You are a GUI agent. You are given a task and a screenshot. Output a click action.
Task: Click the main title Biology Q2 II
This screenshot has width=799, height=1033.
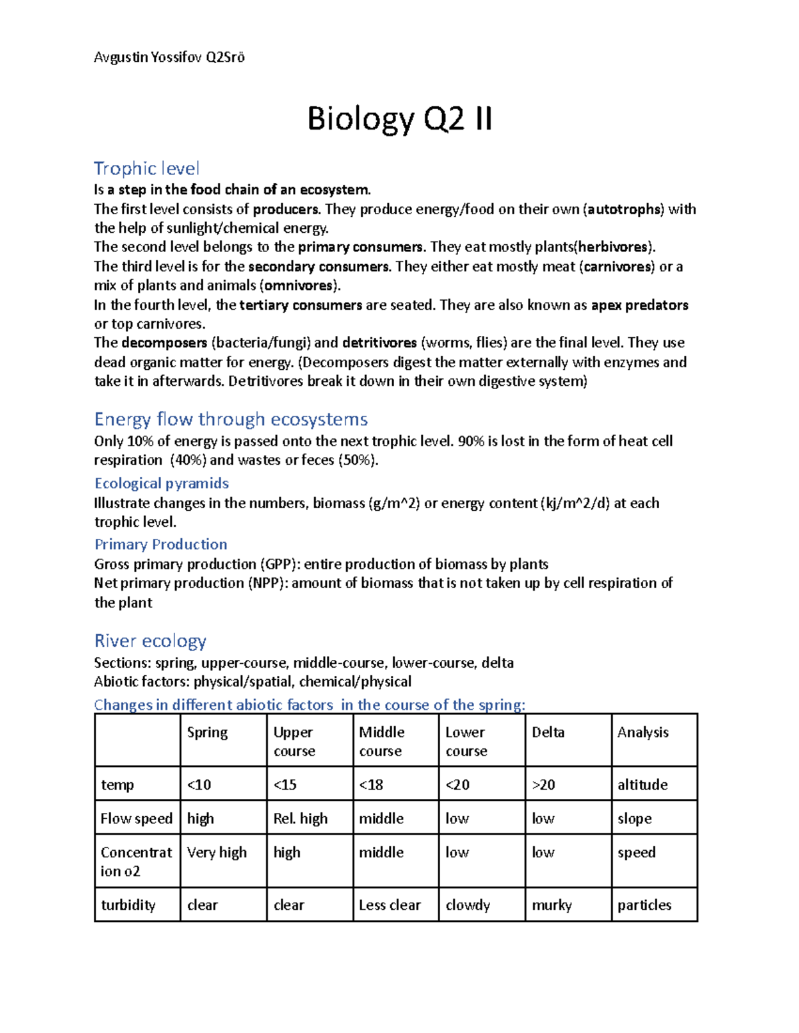tap(400, 119)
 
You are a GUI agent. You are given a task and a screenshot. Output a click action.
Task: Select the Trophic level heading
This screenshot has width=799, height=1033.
tap(146, 168)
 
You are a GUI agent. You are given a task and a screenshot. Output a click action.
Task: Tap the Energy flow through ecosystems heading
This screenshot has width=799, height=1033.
tap(230, 419)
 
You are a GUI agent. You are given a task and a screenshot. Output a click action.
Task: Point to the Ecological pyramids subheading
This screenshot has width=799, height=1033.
tap(161, 483)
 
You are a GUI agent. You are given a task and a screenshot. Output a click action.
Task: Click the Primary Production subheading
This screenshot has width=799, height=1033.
tap(160, 544)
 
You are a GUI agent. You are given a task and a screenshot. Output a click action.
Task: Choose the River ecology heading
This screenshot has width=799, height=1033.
tap(150, 641)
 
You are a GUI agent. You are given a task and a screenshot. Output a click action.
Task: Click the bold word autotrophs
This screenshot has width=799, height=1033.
tap(624, 209)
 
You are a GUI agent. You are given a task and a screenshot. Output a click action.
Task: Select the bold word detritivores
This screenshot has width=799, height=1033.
tap(380, 343)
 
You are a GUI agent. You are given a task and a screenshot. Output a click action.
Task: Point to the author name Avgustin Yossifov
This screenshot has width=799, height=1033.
tap(147, 57)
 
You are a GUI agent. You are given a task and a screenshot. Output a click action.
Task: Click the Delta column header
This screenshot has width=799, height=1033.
tap(548, 732)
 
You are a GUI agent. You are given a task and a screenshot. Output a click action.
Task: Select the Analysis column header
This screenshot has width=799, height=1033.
tap(643, 732)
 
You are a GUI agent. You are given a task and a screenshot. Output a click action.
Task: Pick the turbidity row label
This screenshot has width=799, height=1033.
tap(128, 905)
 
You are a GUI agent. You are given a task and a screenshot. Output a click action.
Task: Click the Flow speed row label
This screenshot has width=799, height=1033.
tap(136, 818)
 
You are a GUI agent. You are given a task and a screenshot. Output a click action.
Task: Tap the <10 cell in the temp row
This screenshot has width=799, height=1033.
tap(199, 785)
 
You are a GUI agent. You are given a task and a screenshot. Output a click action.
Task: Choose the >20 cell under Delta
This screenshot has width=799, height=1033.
tap(543, 785)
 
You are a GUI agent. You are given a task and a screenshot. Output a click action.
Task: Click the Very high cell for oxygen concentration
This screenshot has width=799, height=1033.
tap(216, 852)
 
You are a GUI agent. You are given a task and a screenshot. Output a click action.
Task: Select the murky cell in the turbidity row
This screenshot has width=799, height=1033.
tap(551, 905)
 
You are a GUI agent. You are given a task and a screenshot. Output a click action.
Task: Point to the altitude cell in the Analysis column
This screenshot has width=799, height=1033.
tap(642, 785)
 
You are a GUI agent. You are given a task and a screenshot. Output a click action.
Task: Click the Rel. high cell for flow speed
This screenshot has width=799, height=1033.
tap(300, 818)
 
